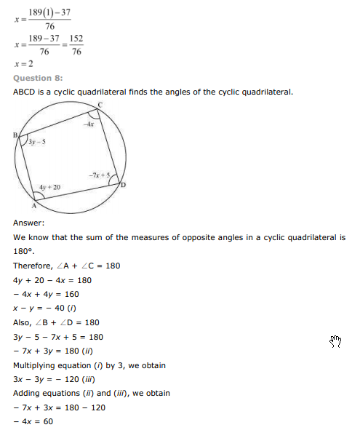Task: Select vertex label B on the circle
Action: pos(15,135)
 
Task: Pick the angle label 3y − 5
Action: pos(37,142)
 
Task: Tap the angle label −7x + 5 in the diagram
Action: pos(99,175)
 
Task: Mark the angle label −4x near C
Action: pos(89,125)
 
